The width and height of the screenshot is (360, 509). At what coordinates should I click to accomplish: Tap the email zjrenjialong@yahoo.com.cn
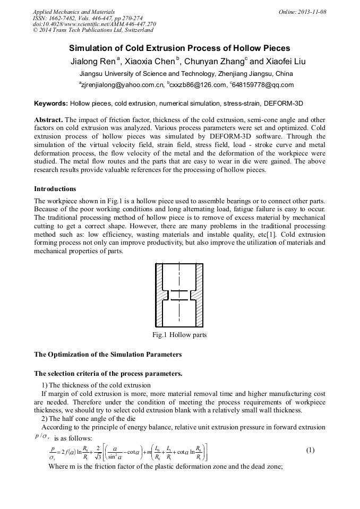[x=121, y=85]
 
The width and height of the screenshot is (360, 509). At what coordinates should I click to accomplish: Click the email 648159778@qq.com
[x=263, y=85]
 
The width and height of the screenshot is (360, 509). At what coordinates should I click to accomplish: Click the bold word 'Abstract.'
[x=49, y=120]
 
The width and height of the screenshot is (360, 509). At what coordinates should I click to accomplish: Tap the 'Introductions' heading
[x=55, y=188]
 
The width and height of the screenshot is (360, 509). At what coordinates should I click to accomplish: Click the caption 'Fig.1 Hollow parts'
[x=179, y=335]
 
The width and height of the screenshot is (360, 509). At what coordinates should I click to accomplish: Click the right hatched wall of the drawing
[x=199, y=295]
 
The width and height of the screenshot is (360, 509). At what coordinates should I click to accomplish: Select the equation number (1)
[x=311, y=450]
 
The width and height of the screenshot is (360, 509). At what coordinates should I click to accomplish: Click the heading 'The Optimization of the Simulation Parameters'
[x=108, y=354]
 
